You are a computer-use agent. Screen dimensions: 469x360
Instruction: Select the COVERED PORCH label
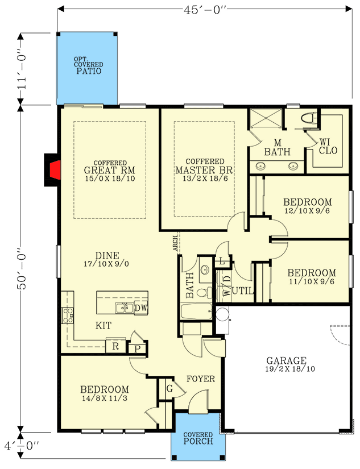[198, 438]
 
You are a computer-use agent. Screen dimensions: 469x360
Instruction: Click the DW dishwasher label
[140, 308]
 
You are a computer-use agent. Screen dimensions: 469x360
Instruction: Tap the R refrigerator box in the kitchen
[115, 346]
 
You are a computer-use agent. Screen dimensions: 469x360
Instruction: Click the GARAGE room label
[287, 360]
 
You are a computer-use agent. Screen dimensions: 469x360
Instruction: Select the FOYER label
[201, 379]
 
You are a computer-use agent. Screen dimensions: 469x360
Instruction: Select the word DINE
[106, 255]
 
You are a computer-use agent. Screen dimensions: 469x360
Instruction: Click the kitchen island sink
[124, 308]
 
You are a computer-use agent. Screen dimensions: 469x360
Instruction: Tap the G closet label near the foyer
[169, 389]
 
